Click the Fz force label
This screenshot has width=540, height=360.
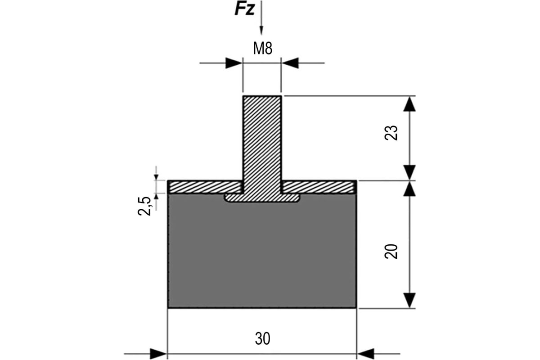click(245, 9)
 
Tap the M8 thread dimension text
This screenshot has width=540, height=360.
click(262, 49)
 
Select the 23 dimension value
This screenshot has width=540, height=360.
click(392, 133)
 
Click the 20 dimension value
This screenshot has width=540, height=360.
click(392, 251)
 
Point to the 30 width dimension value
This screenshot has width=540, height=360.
click(262, 338)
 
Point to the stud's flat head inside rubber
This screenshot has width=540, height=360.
click(262, 198)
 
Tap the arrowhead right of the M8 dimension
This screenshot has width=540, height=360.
click(290, 63)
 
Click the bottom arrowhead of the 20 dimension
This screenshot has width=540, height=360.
click(409, 300)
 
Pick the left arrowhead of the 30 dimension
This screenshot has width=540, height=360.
click(158, 354)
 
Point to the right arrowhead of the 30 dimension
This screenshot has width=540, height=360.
click(365, 354)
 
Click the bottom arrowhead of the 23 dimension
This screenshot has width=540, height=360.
click(409, 172)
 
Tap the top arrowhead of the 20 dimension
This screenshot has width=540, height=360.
click(409, 189)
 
